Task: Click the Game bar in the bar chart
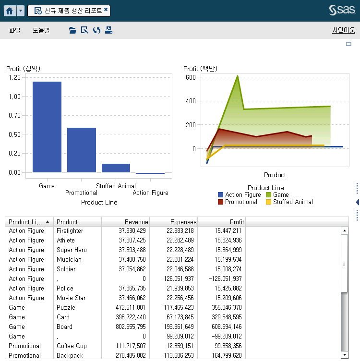coord(47,127)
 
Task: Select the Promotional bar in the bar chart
coord(82,150)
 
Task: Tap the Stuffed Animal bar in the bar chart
coord(116,168)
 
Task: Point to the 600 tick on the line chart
coord(191,77)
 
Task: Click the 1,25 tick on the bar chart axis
coord(14,77)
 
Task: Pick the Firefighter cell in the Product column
coord(70,231)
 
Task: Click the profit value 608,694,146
coord(228,327)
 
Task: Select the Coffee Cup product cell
coord(72,346)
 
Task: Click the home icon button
coord(10,11)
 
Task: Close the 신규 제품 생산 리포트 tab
coord(106,10)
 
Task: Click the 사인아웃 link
coord(343,30)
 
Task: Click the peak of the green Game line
coord(237,76)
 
